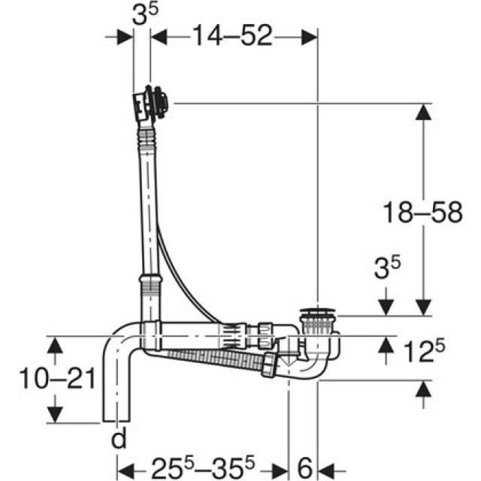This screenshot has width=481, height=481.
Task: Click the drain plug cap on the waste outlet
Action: coord(319,312)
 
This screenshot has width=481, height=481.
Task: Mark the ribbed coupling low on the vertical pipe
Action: coord(150,285)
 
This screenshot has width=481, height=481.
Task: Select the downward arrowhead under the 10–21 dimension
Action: coord(53,414)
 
